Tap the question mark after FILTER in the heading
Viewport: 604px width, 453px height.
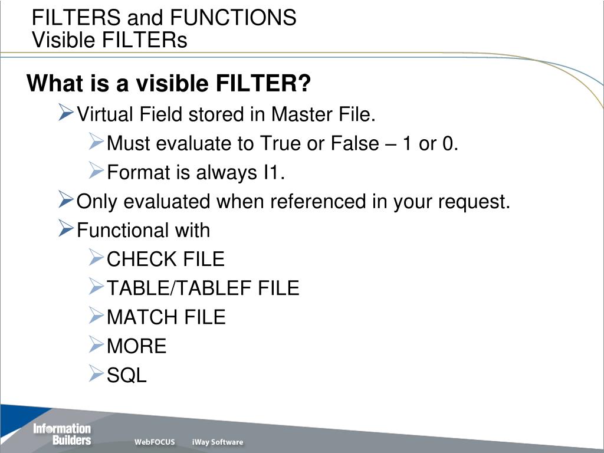(304, 84)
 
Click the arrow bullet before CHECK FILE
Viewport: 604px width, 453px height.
(96, 257)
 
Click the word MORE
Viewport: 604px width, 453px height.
(137, 346)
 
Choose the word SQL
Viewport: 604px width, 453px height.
(127, 375)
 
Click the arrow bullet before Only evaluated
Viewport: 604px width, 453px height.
(65, 201)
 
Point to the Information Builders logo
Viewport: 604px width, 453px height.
(62, 434)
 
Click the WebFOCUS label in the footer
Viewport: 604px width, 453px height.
(155, 442)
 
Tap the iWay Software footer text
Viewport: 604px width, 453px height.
(217, 442)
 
